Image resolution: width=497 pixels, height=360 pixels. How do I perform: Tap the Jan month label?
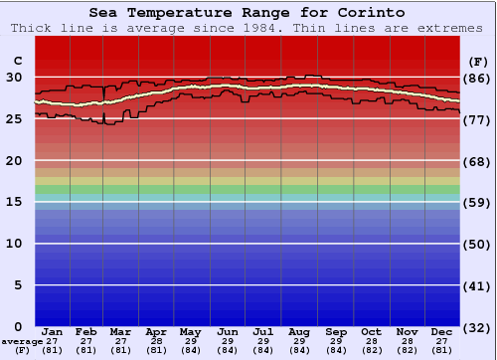[53, 331]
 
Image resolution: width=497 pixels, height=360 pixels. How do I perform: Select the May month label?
[190, 331]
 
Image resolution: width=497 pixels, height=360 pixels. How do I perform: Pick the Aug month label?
[299, 331]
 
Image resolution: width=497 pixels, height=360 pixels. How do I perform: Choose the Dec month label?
[442, 331]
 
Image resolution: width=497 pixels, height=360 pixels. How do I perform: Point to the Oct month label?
[371, 331]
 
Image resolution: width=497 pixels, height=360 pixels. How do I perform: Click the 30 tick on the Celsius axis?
[15, 77]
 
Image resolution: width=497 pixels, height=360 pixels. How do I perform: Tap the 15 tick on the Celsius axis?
[15, 202]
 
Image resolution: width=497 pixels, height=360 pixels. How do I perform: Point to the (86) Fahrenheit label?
[477, 78]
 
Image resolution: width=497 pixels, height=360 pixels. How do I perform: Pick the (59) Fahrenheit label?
[477, 202]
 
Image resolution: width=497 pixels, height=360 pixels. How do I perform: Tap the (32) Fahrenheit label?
[477, 326]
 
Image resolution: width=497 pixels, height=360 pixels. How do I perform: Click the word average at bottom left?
[21, 341]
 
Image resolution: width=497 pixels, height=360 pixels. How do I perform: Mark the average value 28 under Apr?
[156, 341]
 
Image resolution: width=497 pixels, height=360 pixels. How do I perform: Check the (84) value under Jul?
[263, 350]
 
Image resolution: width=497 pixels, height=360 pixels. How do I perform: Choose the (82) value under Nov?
[407, 350]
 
